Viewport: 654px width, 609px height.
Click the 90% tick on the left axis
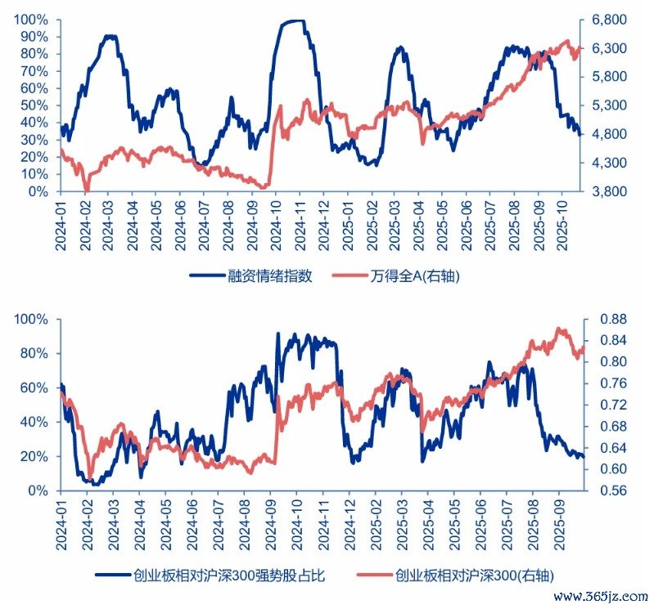[x=31, y=37]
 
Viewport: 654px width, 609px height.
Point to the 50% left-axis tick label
[x=31, y=105]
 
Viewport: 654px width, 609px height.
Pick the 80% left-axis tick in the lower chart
[x=31, y=353]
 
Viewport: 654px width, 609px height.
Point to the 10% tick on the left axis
[x=31, y=174]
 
